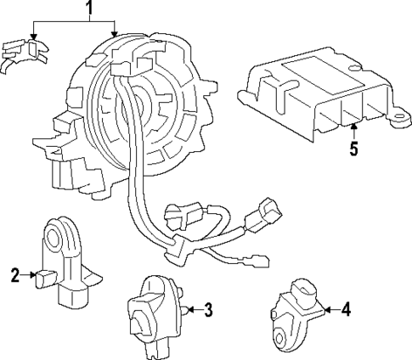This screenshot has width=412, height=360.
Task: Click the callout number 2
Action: (14, 274)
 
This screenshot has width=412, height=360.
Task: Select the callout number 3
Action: (208, 309)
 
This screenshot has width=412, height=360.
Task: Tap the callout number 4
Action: (346, 310)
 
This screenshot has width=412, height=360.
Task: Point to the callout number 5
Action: (353, 149)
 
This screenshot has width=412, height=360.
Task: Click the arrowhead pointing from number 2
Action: (33, 274)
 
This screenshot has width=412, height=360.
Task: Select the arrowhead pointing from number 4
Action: (324, 310)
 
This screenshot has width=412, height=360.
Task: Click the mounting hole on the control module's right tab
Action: (394, 120)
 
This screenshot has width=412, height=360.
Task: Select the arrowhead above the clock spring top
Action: (116, 34)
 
